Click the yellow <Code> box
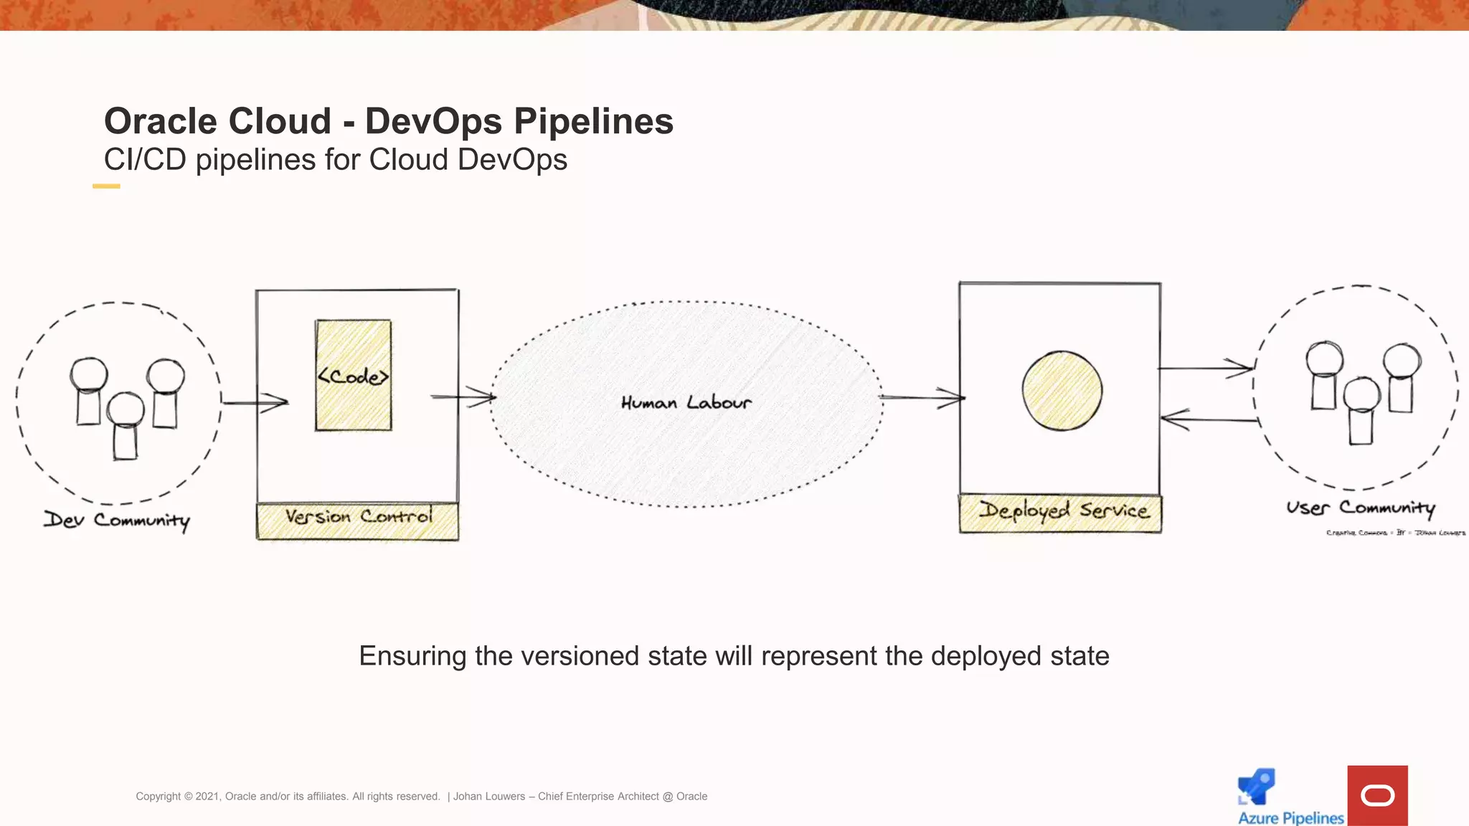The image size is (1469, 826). (x=354, y=375)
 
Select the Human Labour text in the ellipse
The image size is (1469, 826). (x=686, y=403)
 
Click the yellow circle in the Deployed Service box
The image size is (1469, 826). (x=1062, y=391)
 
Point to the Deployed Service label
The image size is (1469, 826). (x=1064, y=512)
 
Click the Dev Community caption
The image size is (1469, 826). (x=117, y=520)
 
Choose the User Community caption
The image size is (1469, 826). (x=1360, y=508)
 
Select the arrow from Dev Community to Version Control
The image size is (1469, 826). (x=255, y=402)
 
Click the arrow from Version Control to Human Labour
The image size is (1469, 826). (x=463, y=396)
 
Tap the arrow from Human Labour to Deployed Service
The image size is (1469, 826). (x=922, y=397)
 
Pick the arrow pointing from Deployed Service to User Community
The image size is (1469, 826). (x=1205, y=369)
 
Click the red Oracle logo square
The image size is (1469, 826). (x=1377, y=795)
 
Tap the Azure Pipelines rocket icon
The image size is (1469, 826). (x=1257, y=787)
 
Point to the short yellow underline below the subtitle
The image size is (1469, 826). (x=106, y=186)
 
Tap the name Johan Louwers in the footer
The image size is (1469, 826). (x=489, y=797)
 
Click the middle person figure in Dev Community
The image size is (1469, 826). (x=126, y=426)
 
